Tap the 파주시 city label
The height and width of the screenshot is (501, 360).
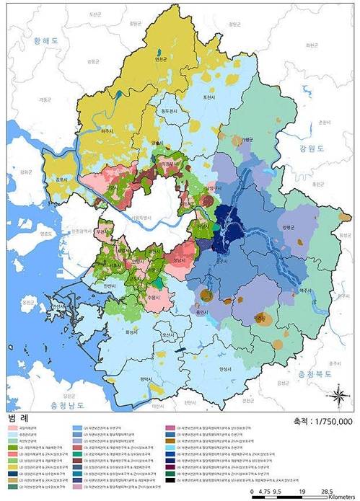pyautogui.click(x=115, y=132)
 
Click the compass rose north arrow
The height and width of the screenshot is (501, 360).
pyautogui.click(x=336, y=397)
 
